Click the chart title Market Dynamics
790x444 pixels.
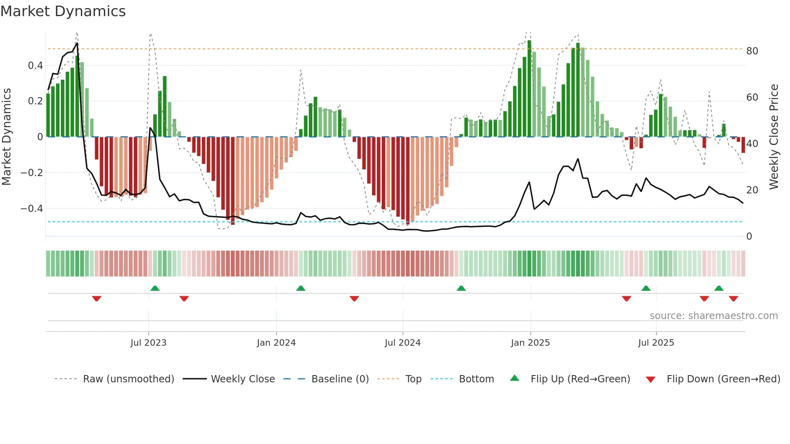pos(63,11)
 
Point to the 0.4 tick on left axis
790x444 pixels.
pos(35,66)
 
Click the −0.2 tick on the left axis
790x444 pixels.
pos(31,173)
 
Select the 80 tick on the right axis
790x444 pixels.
pos(752,51)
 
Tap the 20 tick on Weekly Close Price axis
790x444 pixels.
pos(752,190)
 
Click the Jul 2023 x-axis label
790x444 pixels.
pos(148,343)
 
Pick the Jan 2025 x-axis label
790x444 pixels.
pos(530,343)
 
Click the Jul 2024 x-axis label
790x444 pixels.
pos(402,343)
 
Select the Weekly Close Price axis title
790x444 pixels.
pos(773,137)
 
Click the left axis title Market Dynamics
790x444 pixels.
pos(6,137)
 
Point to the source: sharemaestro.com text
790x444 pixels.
pos(713,316)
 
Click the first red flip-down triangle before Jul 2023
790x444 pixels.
pos(96,299)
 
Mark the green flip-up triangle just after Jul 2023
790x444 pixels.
pos(155,288)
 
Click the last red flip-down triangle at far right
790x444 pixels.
pos(733,299)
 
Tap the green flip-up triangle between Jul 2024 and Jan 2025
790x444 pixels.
pos(461,288)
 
